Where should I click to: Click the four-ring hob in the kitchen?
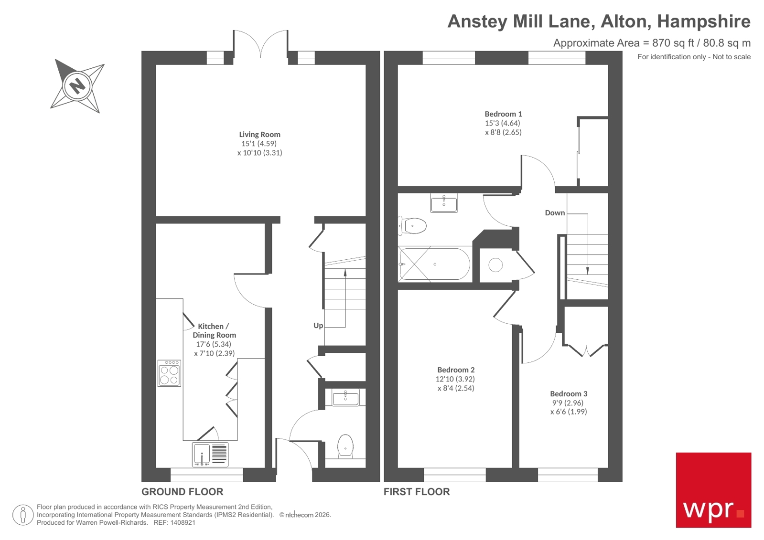(169, 373)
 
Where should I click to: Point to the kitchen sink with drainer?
(210, 454)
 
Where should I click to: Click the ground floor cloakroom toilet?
(345, 445)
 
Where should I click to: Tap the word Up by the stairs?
(318, 326)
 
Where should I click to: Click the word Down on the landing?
(555, 213)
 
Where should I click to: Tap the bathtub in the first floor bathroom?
(434, 264)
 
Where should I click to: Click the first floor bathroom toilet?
(413, 226)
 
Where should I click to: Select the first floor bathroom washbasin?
(444, 203)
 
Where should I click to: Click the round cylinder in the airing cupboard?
(495, 265)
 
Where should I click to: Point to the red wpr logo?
(713, 490)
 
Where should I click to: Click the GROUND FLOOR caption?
(182, 492)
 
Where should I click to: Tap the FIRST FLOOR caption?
(417, 492)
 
